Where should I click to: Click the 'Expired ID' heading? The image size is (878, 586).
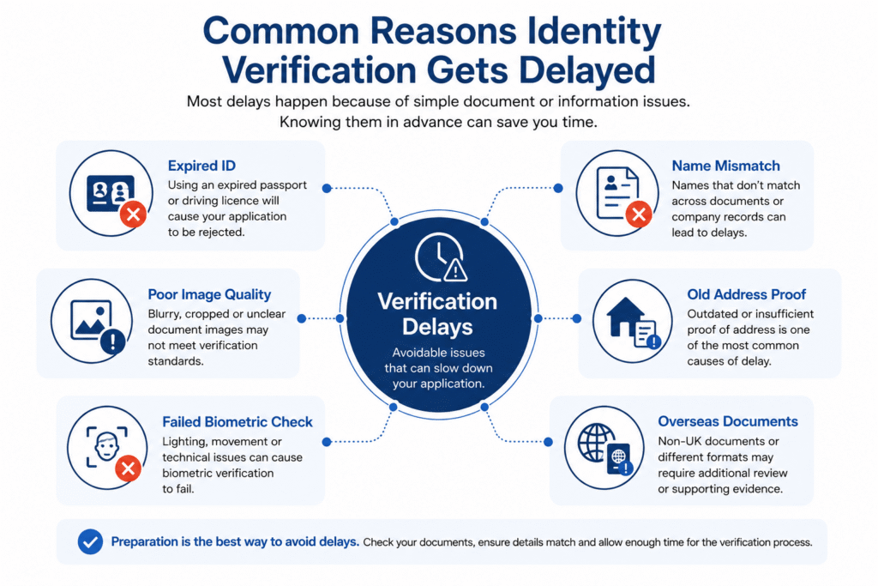coord(201,166)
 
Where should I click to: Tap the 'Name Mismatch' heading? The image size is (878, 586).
coord(725,166)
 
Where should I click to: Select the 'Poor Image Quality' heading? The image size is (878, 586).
coord(209,294)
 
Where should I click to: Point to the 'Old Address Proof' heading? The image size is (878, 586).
coord(747,294)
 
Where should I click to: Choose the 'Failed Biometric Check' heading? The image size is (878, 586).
coord(238,422)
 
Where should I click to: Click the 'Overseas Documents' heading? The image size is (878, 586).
coord(728,421)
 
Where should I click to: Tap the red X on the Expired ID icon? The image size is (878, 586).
coord(133,214)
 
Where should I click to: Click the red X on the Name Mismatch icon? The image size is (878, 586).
coord(638,214)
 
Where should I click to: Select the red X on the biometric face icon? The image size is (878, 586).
coord(129,468)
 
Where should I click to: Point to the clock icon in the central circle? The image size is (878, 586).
coord(439,257)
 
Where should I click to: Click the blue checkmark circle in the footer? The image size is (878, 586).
coord(90,541)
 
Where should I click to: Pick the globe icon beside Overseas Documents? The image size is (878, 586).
coord(596,442)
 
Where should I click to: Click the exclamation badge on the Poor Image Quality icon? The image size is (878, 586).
coord(113,341)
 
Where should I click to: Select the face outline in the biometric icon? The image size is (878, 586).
coord(106,446)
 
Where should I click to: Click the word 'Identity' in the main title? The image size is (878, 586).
coord(594,31)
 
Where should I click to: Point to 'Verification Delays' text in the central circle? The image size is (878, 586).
coord(437,314)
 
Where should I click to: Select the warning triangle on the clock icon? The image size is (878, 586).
coord(455,270)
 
